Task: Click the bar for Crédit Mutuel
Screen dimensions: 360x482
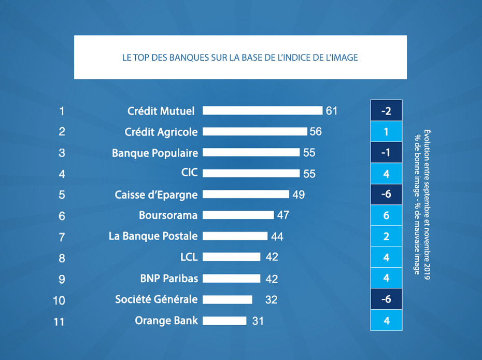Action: pos(262,110)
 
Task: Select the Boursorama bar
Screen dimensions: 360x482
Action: pos(238,215)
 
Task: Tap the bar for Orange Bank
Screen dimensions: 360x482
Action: pos(224,321)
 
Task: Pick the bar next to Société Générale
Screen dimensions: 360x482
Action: pos(228,299)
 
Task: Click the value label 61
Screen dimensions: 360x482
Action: pos(332,111)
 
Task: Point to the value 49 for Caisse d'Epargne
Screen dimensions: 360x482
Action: pos(299,195)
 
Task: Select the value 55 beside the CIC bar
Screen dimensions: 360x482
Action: pos(309,174)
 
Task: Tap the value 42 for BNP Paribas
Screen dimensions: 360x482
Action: pos(272,279)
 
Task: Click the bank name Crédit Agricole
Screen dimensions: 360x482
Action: pos(161,132)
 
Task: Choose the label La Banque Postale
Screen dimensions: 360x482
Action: pos(153,236)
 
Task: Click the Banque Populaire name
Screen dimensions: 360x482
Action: pos(155,153)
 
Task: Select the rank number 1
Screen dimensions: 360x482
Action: pos(62,111)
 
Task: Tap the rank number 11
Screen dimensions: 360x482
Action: pos(59,322)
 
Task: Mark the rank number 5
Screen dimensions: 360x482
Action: pos(62,195)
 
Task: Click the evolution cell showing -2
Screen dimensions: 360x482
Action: pos(386,110)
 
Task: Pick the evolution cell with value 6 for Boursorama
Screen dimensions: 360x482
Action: pos(386,215)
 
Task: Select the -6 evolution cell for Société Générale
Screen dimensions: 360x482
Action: pos(386,299)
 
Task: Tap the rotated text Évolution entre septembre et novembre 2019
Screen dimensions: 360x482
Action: pos(427,204)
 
